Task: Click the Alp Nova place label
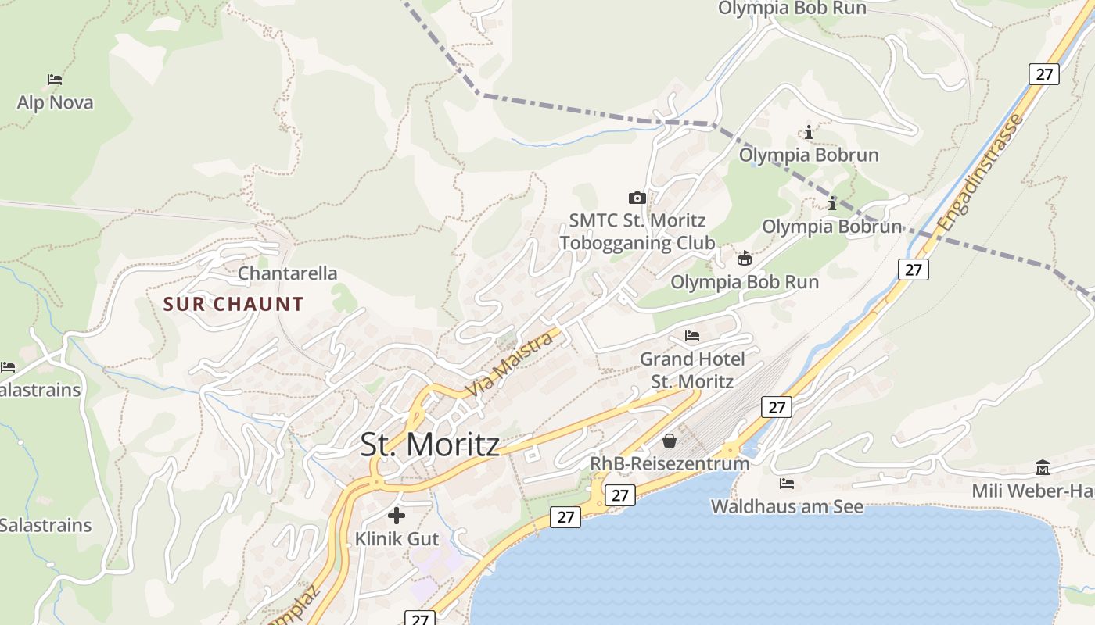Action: [x=55, y=102]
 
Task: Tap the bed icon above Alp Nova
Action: [x=55, y=79]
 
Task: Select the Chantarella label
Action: [x=287, y=273]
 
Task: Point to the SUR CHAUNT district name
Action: [x=233, y=304]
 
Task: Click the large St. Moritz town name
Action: [x=429, y=445]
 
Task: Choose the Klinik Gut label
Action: [x=397, y=539]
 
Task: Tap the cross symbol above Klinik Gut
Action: [x=397, y=516]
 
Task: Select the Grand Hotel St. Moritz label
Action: [x=692, y=370]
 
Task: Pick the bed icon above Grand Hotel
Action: [x=692, y=336]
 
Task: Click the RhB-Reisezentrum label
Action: [x=670, y=463]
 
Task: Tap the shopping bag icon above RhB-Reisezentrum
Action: [x=670, y=441]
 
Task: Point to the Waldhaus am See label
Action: [x=787, y=506]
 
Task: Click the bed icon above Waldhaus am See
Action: [x=787, y=484]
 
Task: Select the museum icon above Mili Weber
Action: [x=1042, y=468]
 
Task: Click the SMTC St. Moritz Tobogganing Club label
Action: [x=637, y=232]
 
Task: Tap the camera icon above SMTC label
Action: [x=637, y=198]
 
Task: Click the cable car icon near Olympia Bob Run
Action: [x=745, y=259]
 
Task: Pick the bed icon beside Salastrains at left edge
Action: [x=8, y=366]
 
